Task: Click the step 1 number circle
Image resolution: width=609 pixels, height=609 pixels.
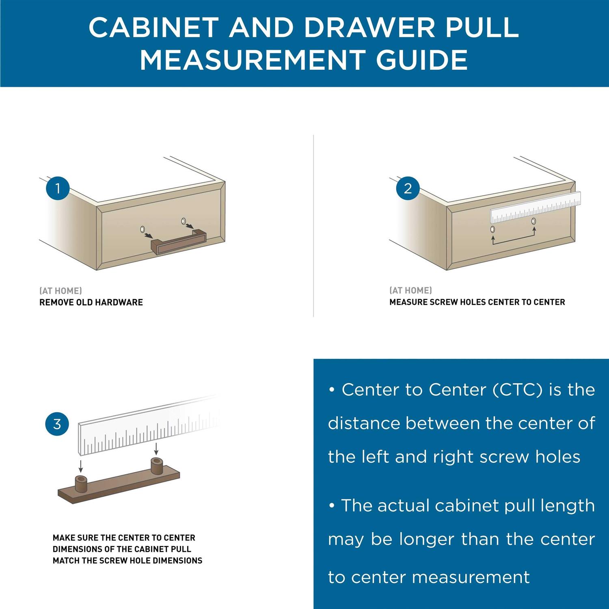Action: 58,188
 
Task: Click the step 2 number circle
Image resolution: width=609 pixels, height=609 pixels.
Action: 408,188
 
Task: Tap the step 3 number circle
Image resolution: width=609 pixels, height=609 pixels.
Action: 57,424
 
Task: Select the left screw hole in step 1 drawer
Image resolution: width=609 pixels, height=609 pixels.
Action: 143,229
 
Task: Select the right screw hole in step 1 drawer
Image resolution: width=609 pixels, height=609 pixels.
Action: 184,221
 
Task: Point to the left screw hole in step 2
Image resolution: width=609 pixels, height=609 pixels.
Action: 492,229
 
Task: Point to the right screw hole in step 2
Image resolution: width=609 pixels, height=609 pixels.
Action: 533,221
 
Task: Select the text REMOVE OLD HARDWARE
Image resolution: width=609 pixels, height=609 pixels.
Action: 91,302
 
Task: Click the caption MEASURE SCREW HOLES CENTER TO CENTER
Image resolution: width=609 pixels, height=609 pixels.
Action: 477,302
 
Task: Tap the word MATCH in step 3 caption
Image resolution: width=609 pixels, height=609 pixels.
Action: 66,561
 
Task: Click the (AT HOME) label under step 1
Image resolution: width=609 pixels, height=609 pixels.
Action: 60,291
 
